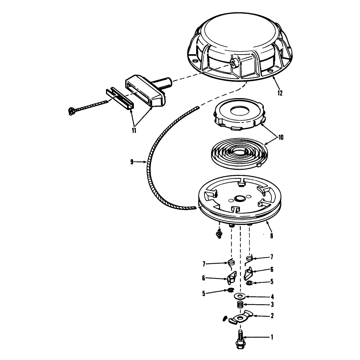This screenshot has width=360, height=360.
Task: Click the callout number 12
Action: click(280, 93)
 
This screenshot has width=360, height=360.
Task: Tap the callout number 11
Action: click(134, 130)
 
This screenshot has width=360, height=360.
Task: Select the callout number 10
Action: click(281, 137)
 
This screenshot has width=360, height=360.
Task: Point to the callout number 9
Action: click(132, 162)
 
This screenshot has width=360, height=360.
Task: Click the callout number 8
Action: click(272, 236)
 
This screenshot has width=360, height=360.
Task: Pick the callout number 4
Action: click(272, 297)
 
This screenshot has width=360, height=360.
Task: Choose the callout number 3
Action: click(272, 305)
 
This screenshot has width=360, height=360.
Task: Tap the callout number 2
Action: click(272, 316)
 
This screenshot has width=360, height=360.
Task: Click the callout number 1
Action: click(272, 337)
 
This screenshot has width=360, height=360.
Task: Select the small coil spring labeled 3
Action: click(240, 305)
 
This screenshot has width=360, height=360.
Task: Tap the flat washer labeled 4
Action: click(240, 296)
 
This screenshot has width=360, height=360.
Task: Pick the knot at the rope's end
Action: click(72, 111)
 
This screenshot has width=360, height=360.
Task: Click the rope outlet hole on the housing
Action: click(233, 63)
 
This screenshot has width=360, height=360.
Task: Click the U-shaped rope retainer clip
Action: click(119, 99)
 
